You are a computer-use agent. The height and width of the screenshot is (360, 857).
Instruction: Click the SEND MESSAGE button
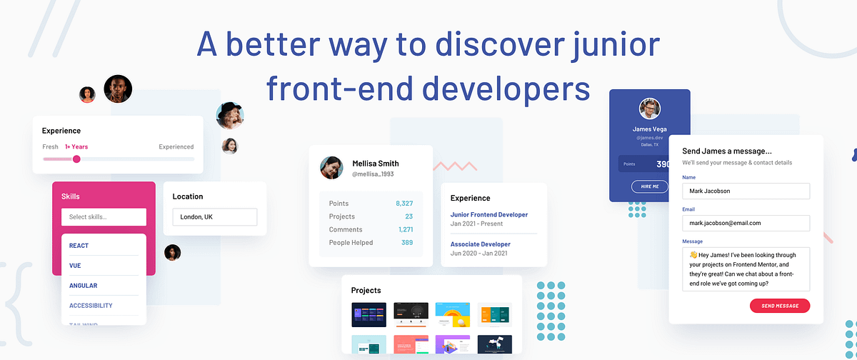[x=780, y=306]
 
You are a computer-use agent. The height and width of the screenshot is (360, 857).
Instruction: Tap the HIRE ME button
[x=650, y=186]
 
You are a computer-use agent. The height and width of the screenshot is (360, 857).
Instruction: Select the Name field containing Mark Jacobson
[x=746, y=191]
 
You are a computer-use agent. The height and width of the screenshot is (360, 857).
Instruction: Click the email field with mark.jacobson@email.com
[x=746, y=223]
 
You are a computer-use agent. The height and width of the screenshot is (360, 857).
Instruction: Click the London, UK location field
[x=214, y=217]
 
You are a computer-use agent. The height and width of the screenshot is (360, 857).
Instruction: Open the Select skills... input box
[x=104, y=217]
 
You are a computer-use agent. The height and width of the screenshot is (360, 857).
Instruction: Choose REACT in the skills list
[x=79, y=246]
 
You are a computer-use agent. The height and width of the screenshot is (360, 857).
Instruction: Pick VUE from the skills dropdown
[x=75, y=266]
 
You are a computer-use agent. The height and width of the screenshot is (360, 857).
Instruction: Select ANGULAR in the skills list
[x=83, y=286]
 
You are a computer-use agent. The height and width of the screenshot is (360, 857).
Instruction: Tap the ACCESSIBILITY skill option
[x=91, y=306]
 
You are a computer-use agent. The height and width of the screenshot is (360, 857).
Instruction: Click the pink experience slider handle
[x=76, y=159]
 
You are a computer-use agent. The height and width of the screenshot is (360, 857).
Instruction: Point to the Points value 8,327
[x=404, y=204]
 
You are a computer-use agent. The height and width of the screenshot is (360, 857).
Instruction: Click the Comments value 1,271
[x=406, y=229]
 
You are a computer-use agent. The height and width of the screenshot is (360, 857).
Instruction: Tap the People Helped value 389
[x=406, y=243]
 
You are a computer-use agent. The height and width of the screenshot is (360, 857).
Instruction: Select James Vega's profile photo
[x=649, y=109]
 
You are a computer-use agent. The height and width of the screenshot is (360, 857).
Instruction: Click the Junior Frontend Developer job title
[x=489, y=214]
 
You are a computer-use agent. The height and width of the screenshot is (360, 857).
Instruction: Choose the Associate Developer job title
[x=481, y=244]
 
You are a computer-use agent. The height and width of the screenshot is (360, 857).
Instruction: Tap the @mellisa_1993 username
[x=373, y=174]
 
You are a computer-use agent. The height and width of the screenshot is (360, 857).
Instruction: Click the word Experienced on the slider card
[x=176, y=147]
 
